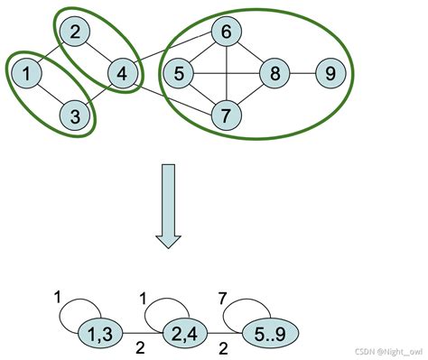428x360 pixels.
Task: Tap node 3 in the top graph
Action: (x=77, y=115)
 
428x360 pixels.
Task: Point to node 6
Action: (x=226, y=34)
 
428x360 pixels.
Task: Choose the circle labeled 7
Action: (x=226, y=115)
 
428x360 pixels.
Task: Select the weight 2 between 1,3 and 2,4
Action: (x=139, y=347)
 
